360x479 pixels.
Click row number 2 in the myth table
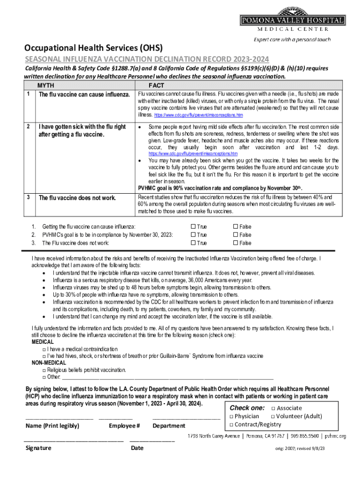tap(29, 126)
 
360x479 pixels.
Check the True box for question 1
tap(194, 227)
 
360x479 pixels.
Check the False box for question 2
tap(235, 235)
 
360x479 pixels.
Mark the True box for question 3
tap(194, 243)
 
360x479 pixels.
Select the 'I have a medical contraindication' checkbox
tap(43, 349)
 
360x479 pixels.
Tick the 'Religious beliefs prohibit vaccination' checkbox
tap(43, 370)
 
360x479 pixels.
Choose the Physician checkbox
tap(231, 416)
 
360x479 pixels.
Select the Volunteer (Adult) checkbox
tap(273, 416)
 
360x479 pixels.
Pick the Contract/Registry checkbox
tap(231, 424)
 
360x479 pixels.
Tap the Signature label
tap(38, 448)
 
